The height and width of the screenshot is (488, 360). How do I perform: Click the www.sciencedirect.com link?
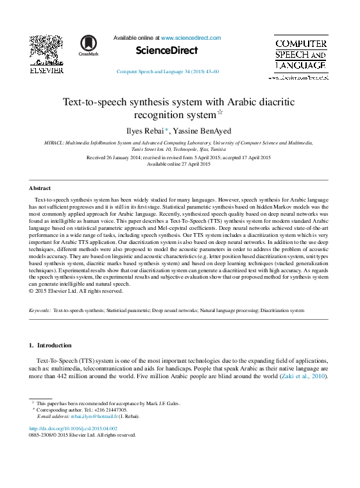[x=191, y=38]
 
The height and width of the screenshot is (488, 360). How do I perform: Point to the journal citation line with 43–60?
[x=167, y=71]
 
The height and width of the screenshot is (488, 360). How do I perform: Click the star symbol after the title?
[x=237, y=112]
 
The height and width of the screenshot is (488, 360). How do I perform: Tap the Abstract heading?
[x=40, y=188]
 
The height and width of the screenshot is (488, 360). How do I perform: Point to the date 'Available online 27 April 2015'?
[x=179, y=164]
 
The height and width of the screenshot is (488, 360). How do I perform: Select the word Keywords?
[x=40, y=310]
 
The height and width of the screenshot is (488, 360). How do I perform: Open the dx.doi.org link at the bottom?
[x=73, y=428]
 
